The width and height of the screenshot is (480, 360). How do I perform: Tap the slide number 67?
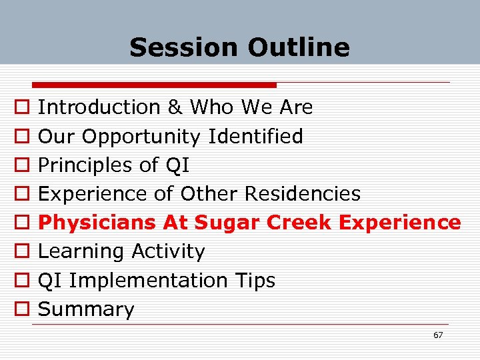pos(437,335)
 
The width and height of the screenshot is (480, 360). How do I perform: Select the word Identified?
pos(255,137)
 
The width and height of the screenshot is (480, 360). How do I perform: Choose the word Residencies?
pos(303,194)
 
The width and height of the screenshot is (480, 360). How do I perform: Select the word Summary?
pos(86,309)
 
